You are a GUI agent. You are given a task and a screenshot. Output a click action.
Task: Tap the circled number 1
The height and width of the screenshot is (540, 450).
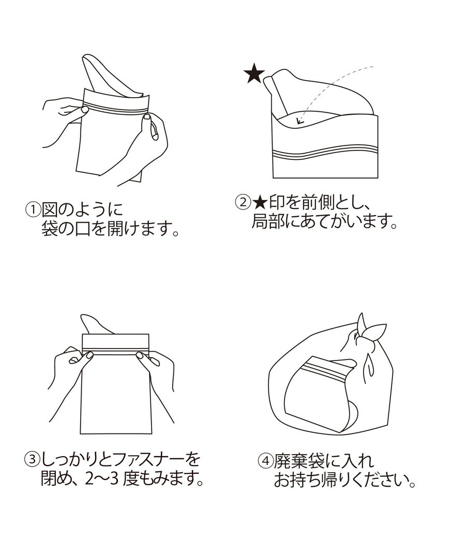tap(33, 211)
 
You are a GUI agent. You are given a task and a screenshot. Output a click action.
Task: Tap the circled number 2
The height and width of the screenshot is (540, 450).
tap(243, 201)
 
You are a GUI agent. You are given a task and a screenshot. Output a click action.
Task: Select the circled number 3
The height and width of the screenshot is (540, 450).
tap(32, 459)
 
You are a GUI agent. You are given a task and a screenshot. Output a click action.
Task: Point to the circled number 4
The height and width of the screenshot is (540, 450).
tap(265, 460)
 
